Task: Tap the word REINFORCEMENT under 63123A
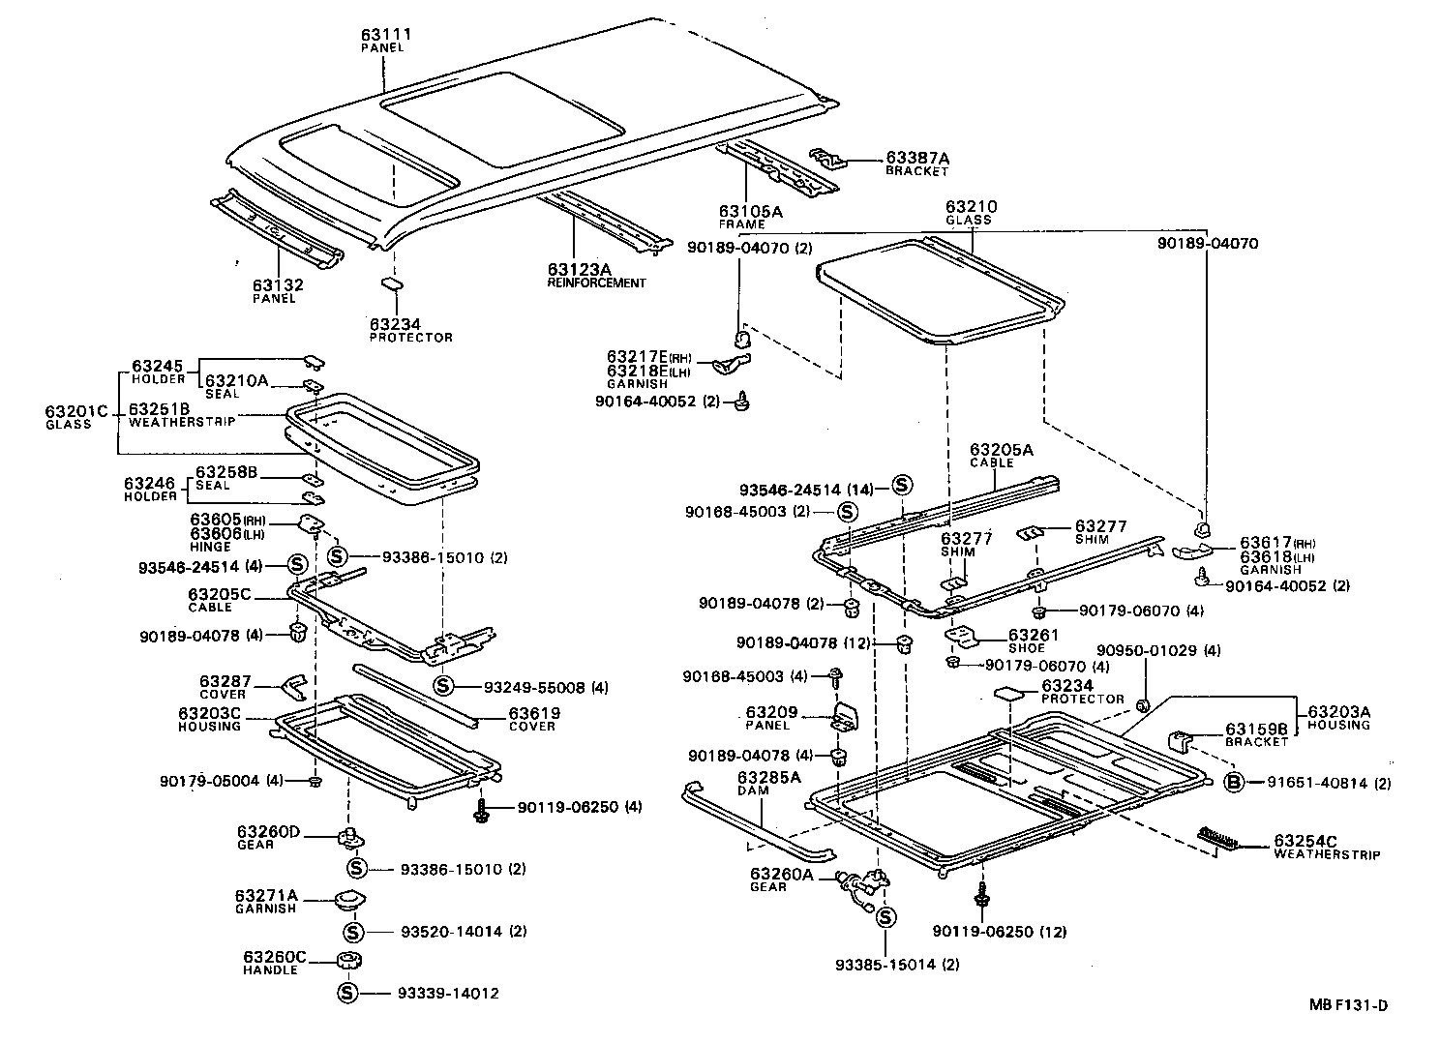point(596,283)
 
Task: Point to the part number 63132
point(278,285)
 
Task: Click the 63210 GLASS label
point(971,212)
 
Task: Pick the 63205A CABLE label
point(1001,455)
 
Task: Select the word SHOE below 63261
point(1026,648)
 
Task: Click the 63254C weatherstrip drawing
point(1219,839)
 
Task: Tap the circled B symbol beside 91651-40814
point(1234,783)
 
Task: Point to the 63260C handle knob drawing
point(348,961)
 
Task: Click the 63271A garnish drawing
point(348,901)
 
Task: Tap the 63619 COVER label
point(534,719)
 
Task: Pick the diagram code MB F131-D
point(1348,1004)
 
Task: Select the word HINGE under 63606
point(210,547)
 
